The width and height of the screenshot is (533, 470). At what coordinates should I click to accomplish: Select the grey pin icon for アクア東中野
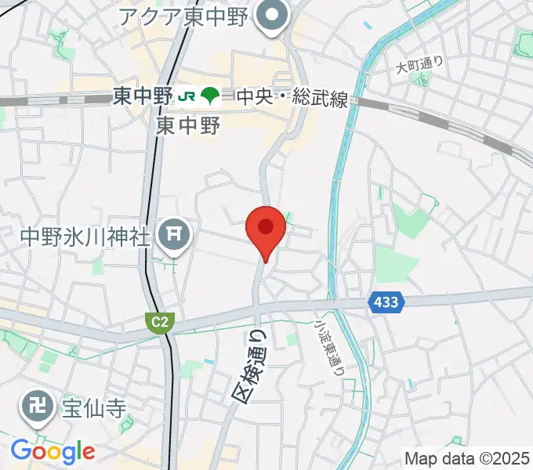pos(272,16)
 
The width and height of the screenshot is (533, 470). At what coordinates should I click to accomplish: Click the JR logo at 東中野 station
pos(187,96)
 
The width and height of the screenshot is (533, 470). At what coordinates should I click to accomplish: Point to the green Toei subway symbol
pos(209,96)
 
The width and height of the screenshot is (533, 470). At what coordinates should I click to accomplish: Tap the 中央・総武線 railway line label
pos(292,98)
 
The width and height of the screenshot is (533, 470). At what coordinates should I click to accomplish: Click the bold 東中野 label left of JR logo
pos(143,96)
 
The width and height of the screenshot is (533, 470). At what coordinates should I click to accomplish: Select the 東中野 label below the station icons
pos(188,125)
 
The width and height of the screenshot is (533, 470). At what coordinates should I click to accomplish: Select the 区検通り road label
pos(252,367)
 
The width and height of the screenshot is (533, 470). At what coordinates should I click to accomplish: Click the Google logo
pos(53,451)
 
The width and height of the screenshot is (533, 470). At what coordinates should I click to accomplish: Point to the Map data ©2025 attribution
pos(466,458)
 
